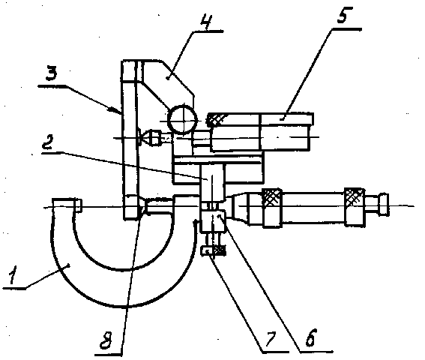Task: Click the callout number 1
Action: tap(13, 274)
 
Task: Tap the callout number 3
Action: tap(51, 73)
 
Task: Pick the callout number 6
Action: tap(311, 337)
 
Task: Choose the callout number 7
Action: tap(271, 339)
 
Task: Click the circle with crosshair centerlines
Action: tap(183, 120)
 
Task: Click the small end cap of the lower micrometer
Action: tap(384, 204)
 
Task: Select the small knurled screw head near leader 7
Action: tap(213, 250)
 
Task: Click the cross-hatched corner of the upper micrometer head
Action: tap(216, 118)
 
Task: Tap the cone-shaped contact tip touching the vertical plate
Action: tap(148, 137)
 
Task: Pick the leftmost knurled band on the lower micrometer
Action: tap(272, 208)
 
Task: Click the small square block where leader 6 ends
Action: tap(213, 221)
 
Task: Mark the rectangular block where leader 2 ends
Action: tap(212, 183)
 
